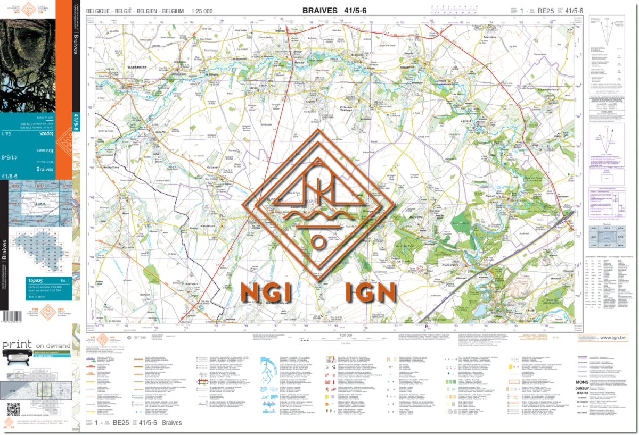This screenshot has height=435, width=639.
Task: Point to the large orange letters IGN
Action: click(x=372, y=291)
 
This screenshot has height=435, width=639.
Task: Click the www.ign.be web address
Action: click(x=612, y=337)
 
